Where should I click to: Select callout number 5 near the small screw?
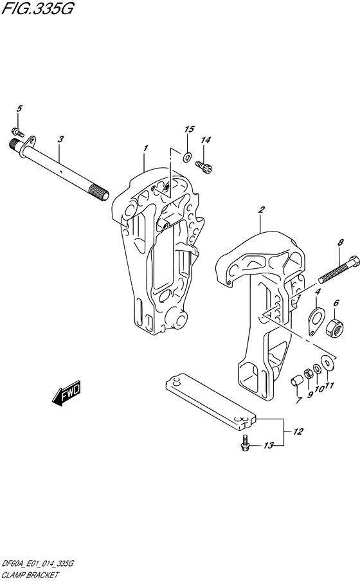pyautogui.click(x=19, y=109)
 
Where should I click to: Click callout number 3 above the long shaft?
pyautogui.click(x=59, y=139)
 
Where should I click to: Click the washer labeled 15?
pyautogui.click(x=187, y=156)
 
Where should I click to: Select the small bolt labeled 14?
pyautogui.click(x=205, y=167)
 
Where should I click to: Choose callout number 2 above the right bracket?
pyautogui.click(x=261, y=209)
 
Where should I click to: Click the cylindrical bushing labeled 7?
pyautogui.click(x=297, y=381)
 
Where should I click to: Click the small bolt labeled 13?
pyautogui.click(x=246, y=443)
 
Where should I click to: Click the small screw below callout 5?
pyautogui.click(x=19, y=132)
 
